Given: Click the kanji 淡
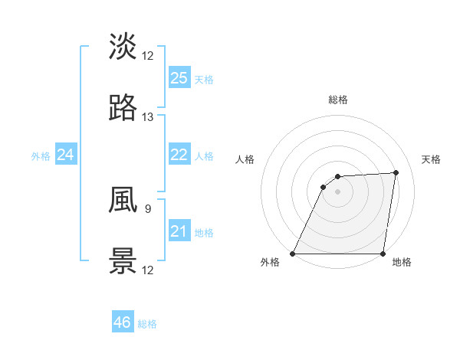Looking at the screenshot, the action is pos(123,46).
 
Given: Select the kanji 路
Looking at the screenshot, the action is pos(123,109).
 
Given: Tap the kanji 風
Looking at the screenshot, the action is pos(123,200).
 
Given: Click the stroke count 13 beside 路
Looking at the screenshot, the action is pos(148,117).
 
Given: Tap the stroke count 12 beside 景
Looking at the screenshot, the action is pos(148,270).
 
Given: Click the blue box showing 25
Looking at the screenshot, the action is pos(179,77).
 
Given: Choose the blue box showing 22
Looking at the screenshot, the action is pos(179,155).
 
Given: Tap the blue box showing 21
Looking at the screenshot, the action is pos(179,231).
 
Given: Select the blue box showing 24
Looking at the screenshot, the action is pos(65,155).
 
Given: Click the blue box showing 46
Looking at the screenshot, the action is pos(123,322).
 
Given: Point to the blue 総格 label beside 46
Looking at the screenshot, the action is pos(147,324).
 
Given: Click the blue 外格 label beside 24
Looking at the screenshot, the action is pos(41,156).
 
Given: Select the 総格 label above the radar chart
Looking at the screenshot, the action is pos(337,100).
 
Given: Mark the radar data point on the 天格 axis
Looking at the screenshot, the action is pos(396,172).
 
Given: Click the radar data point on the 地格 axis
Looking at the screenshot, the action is pos(383,254).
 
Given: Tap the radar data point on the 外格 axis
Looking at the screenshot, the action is pos(293,254).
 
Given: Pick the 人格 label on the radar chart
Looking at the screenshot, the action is pos(245,159).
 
